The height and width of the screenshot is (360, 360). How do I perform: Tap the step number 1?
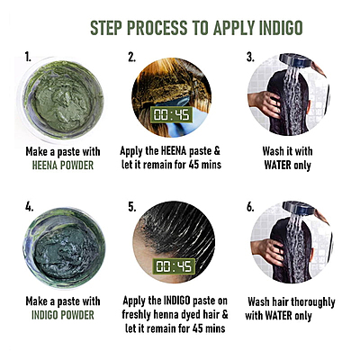pyautogui.click(x=29, y=58)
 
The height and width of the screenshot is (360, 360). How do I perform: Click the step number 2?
pyautogui.click(x=132, y=58)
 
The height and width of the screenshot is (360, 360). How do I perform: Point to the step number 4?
pyautogui.click(x=29, y=206)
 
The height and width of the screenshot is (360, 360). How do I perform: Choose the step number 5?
pyautogui.click(x=132, y=206)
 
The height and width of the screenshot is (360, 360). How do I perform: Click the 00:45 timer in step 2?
pyautogui.click(x=171, y=116)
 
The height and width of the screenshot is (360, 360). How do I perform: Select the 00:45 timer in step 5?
pyautogui.click(x=171, y=265)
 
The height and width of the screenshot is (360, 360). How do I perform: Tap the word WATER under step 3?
pyautogui.click(x=279, y=166)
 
